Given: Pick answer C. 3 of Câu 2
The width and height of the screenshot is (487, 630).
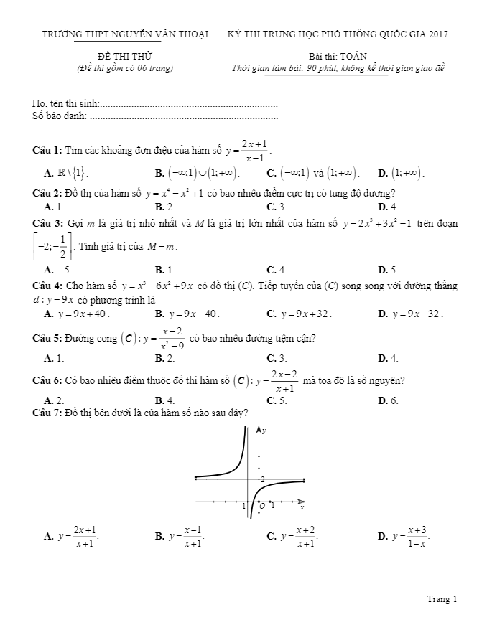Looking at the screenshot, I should [x=277, y=206].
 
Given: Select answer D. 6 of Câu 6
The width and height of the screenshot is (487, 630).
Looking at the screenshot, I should [x=388, y=400].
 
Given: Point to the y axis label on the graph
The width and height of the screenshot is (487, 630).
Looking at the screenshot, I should [x=264, y=430].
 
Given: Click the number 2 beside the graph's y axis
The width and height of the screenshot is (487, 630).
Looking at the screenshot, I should [x=262, y=479].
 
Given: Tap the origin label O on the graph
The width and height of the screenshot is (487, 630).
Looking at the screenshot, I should [x=261, y=506].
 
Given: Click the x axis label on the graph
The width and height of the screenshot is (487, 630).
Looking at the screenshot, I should [x=302, y=507].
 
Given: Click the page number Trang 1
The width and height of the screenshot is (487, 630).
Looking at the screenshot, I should [x=442, y=598].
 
